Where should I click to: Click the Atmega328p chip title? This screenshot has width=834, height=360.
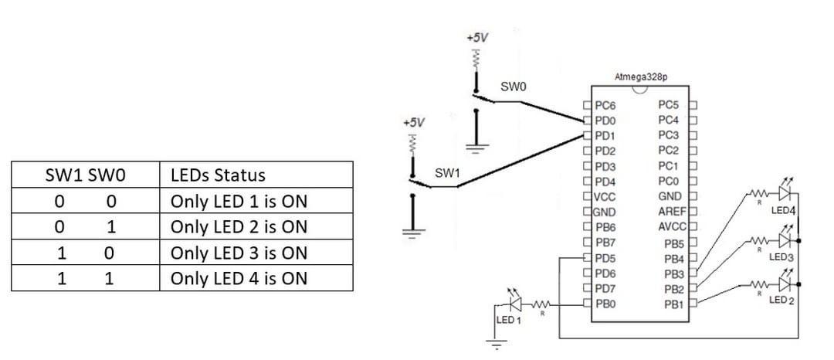point(640,77)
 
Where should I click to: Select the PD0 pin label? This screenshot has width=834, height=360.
point(605,121)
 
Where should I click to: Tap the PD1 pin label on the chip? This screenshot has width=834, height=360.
point(605,135)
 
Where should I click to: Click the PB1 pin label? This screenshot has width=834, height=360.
point(674,304)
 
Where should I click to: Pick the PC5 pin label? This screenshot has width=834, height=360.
point(669,105)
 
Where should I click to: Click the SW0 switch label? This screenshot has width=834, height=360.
point(513,87)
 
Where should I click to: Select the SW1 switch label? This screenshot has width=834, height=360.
point(447,173)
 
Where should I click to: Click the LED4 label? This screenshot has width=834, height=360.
point(783,210)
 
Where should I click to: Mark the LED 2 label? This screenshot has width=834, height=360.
point(782,300)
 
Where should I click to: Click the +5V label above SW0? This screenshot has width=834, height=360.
point(477,37)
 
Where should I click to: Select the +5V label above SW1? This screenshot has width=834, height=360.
point(413,122)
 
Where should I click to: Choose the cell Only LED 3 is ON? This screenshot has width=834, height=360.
point(239,253)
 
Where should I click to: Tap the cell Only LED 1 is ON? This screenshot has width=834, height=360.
point(239,201)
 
